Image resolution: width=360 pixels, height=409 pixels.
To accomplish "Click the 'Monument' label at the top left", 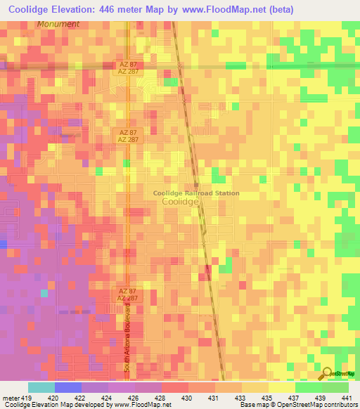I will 59,24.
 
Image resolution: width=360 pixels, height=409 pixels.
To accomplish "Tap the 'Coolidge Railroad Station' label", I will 196,193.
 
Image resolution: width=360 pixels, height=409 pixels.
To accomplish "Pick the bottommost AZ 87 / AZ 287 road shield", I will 127,294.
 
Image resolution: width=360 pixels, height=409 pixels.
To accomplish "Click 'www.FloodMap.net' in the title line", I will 228,8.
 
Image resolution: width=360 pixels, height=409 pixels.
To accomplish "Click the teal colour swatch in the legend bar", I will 41,387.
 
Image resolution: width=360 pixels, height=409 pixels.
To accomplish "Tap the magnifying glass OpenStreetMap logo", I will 327,375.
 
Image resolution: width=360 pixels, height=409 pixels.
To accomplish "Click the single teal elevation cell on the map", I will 44,293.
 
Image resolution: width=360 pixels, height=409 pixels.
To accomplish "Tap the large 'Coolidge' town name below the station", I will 180,201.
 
